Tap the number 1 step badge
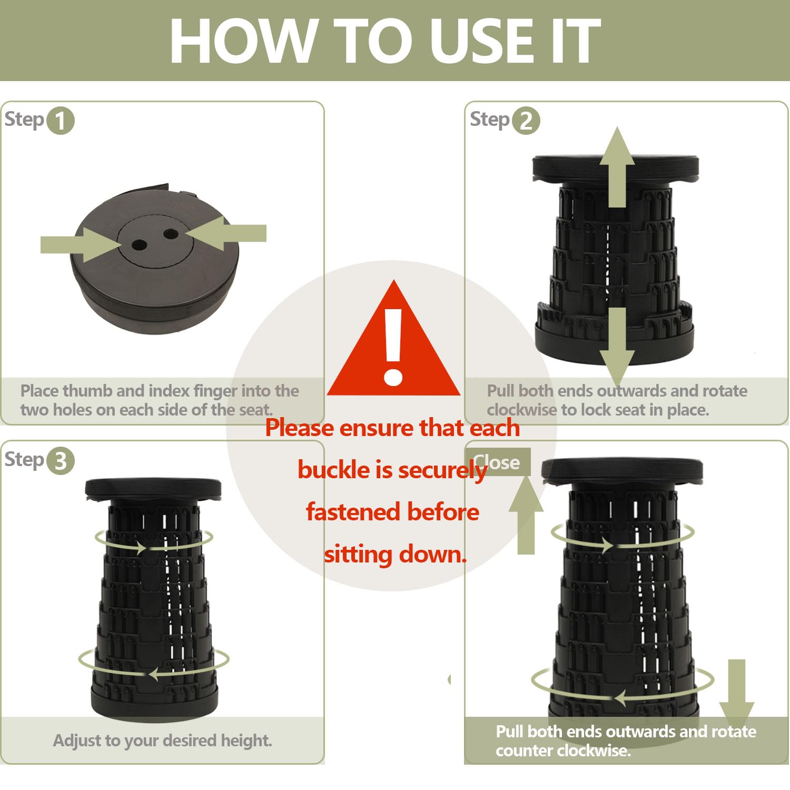[x=61, y=121]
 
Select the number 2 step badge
[x=526, y=121]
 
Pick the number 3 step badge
[x=61, y=461]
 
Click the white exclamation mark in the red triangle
[x=393, y=347]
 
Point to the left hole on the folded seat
[x=140, y=245]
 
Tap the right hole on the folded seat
[x=171, y=233]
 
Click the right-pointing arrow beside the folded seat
[x=82, y=244]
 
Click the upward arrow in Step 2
[x=617, y=167]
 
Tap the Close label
[x=496, y=462]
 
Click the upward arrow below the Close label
[x=526, y=515]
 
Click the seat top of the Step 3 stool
[x=153, y=490]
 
